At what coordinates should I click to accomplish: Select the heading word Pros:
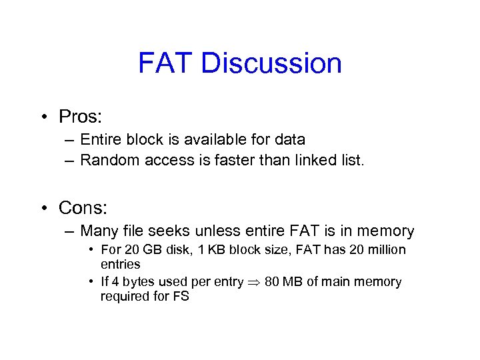(80, 117)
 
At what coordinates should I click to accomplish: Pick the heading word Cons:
(83, 208)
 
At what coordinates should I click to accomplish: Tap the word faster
(225, 159)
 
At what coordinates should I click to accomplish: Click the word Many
(99, 231)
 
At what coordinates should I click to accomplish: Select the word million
(381, 250)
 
